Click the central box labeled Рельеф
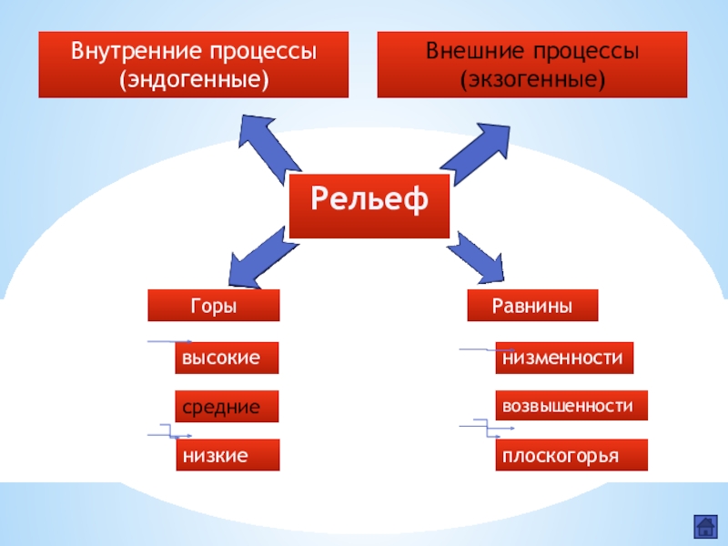(x=369, y=200)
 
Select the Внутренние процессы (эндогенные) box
(x=193, y=65)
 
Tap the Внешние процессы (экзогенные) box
(x=532, y=65)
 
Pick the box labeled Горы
(x=214, y=307)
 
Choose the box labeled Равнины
(x=532, y=307)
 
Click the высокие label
(x=227, y=359)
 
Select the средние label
(x=227, y=407)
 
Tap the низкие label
(x=227, y=454)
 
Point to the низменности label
(x=564, y=359)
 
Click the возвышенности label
(x=571, y=406)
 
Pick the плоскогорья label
(x=571, y=454)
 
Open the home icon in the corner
(x=703, y=526)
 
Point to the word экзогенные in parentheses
(x=532, y=79)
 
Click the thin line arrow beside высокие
(x=169, y=342)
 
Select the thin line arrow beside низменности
(x=479, y=349)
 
